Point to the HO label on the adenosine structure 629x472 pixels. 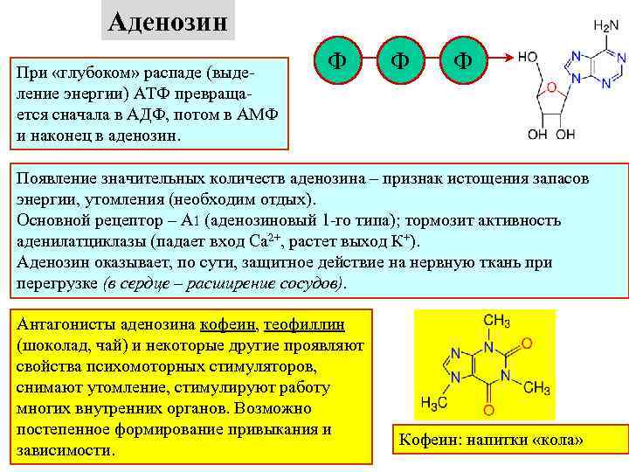coord(527,57)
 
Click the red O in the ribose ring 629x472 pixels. coord(550,87)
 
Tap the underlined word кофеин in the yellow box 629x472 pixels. coord(227,324)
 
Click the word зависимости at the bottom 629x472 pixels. coord(65,450)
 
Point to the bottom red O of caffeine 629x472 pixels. coord(488,408)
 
